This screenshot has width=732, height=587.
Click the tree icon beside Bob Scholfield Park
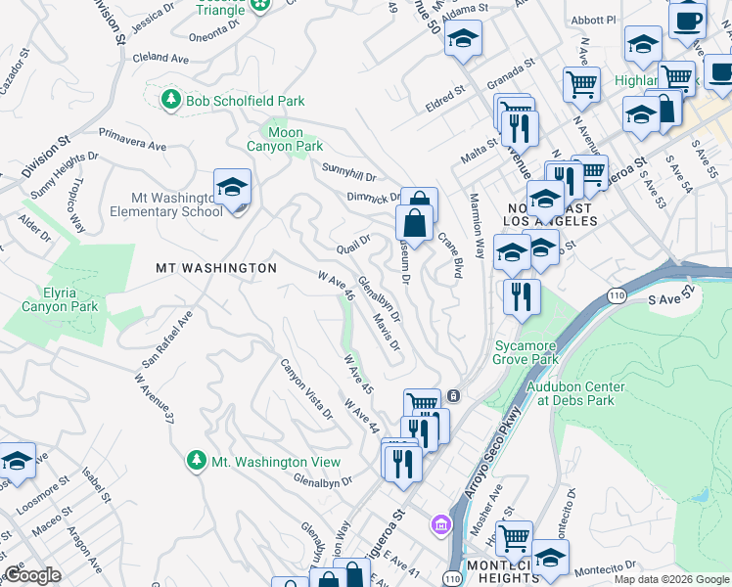click(172, 100)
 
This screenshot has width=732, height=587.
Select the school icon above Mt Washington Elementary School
click(232, 187)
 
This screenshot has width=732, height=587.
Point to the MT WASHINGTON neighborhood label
click(216, 267)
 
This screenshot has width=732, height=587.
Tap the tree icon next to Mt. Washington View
click(197, 461)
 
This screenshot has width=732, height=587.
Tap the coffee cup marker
click(687, 19)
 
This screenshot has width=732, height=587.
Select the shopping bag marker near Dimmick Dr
click(416, 222)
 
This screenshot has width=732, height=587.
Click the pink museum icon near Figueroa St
click(441, 525)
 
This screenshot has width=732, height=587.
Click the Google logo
click(32, 575)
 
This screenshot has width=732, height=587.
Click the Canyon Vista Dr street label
click(306, 390)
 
